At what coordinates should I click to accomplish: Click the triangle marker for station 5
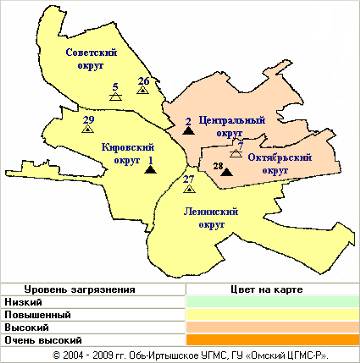[x=116, y=98]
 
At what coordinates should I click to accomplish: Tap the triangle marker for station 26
[x=143, y=91]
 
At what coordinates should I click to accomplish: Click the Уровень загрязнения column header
[x=79, y=289]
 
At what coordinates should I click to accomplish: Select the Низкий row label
[x=22, y=302]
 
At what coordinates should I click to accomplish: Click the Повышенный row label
[x=36, y=315]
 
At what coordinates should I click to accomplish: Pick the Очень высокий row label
[x=39, y=341]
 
